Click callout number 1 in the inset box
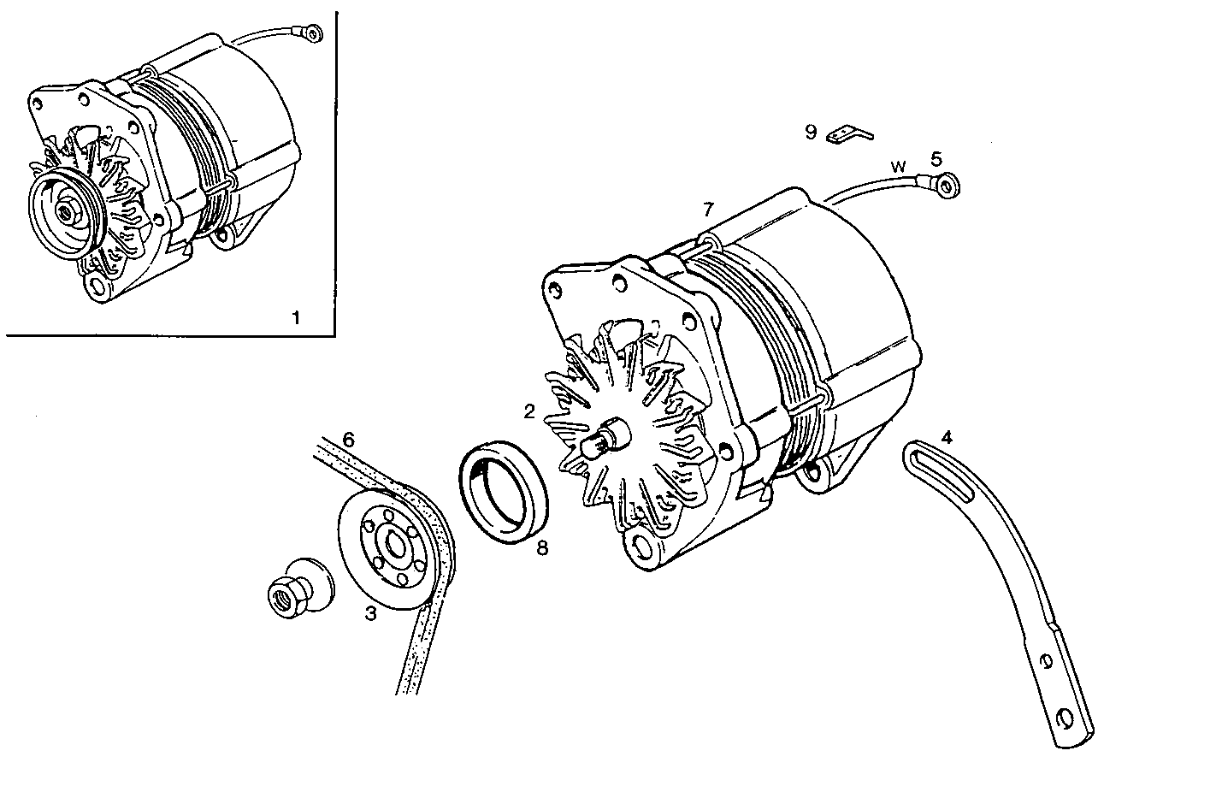click(296, 318)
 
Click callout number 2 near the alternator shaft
click(529, 411)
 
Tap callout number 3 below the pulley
click(370, 613)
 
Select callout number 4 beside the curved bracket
click(946, 437)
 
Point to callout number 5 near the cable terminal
click(936, 158)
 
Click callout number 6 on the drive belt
click(347, 439)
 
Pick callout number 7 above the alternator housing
click(707, 210)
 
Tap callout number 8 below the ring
click(541, 548)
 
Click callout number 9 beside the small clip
click(811, 132)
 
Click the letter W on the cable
click(898, 166)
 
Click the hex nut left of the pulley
click(282, 593)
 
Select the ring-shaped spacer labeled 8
click(505, 491)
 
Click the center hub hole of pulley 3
click(395, 547)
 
